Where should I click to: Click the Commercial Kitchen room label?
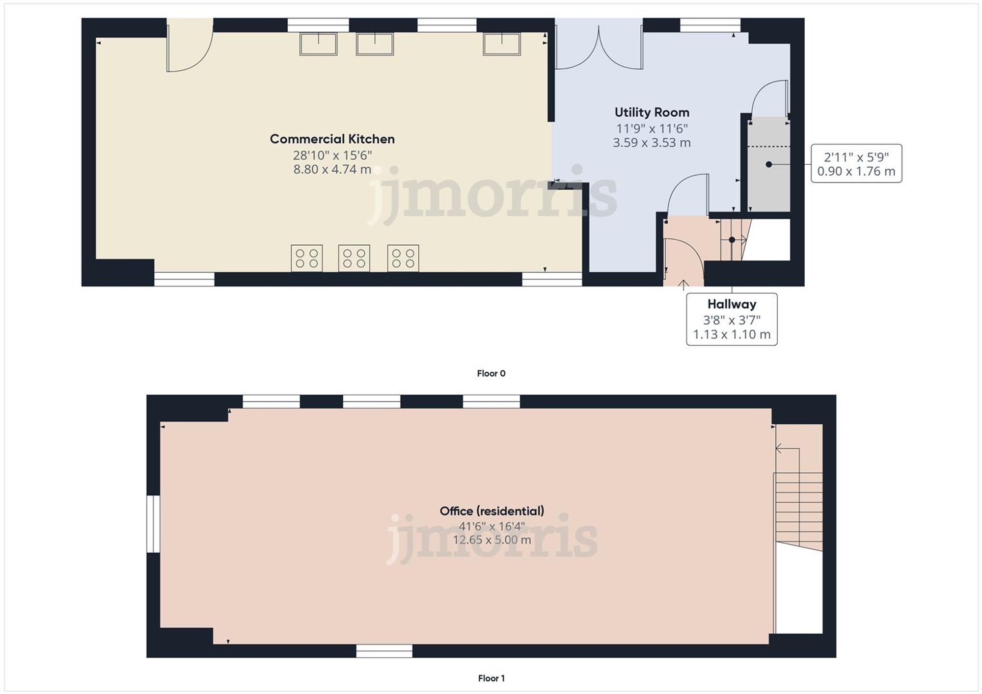pos(332,139)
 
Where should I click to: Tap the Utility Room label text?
pos(652,113)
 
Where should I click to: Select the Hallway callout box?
pos(731,319)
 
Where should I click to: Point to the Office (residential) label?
pos(491,511)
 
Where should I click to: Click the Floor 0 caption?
pos(491,374)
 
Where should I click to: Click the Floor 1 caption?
pos(491,678)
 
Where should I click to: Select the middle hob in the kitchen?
pos(354,258)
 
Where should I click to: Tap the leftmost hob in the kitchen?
pos(307,258)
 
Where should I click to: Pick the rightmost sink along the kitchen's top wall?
pos(501,44)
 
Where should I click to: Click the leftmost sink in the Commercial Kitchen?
pos(318,44)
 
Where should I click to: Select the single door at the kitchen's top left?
pos(189,49)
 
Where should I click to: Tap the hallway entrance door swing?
pos(682,260)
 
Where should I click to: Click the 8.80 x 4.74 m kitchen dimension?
pos(332,170)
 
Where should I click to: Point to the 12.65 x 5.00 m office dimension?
pos(491,540)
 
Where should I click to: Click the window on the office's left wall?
pos(154,524)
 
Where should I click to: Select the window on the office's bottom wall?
pos(384,651)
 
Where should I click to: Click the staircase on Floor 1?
pos(798,510)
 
